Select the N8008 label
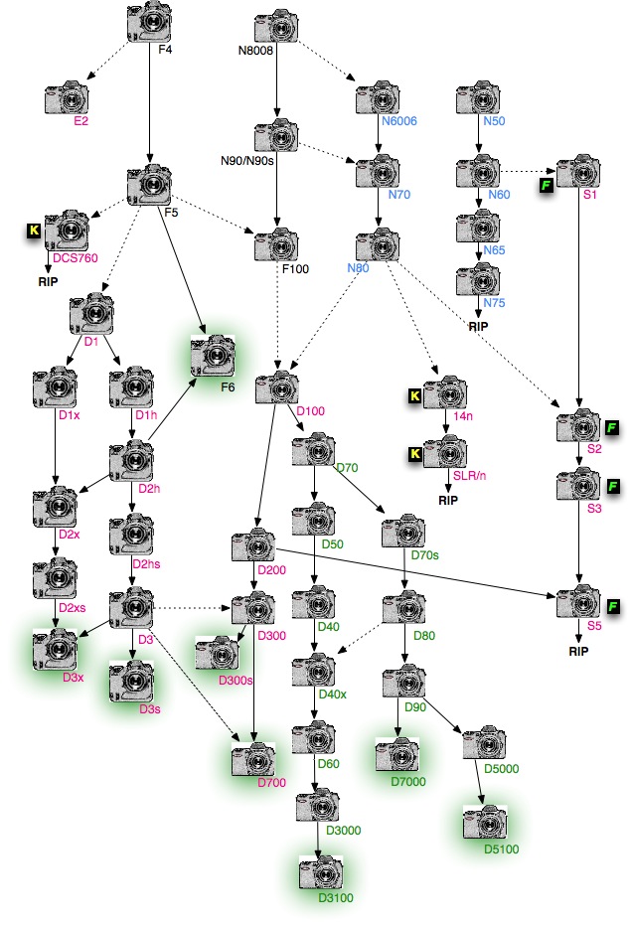coord(255,48)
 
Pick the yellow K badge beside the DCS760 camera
coord(33,231)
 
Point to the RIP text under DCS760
coord(49,281)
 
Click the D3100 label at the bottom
coord(335,898)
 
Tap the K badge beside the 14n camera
coord(416,396)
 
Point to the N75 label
coord(494,302)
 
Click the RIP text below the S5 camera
coord(579,654)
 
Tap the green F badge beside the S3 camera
coord(614,486)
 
